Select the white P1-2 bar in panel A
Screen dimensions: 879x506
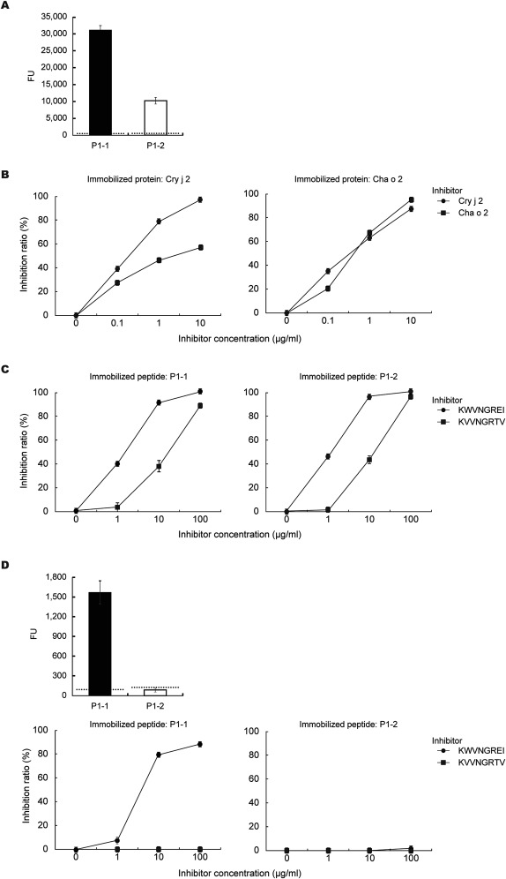click(155, 117)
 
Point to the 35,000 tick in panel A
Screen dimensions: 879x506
click(54, 17)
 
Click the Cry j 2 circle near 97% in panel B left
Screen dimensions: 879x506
click(200, 199)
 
